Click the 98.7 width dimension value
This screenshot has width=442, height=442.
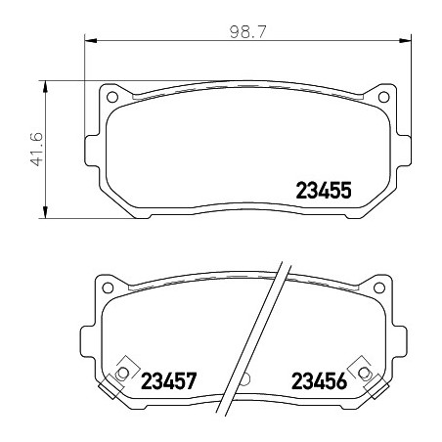pyautogui.click(x=248, y=32)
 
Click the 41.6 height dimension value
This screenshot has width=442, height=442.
pyautogui.click(x=37, y=149)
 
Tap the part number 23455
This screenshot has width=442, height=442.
pyautogui.click(x=324, y=191)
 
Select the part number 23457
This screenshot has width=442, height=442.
pyautogui.click(x=169, y=380)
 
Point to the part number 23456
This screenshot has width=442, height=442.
pyautogui.click(x=319, y=380)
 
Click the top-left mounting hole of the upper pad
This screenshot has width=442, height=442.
pyautogui.click(x=112, y=97)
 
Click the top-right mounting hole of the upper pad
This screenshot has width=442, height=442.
pyautogui.click(x=383, y=97)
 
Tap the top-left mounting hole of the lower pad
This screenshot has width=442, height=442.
pyautogui.click(x=108, y=287)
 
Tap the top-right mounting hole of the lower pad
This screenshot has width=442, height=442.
pyautogui.click(x=379, y=287)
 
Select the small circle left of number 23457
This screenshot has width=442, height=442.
pyautogui.click(x=123, y=373)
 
